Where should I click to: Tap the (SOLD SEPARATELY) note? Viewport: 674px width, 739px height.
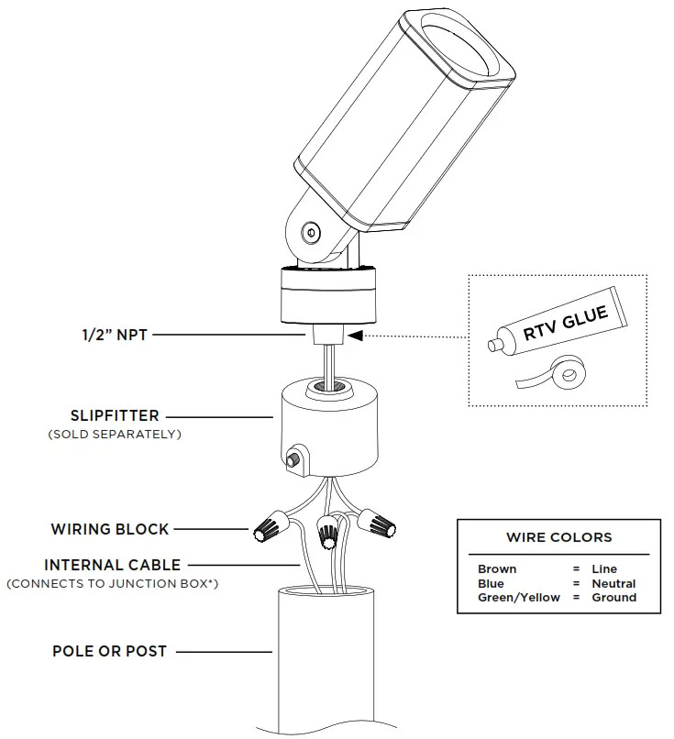coord(114,434)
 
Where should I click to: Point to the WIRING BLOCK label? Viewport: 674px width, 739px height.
coord(110,529)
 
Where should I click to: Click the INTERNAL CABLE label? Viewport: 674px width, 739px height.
coord(112,565)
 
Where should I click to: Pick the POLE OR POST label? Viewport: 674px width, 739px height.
coord(109,651)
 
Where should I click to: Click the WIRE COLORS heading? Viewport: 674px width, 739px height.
coord(558,537)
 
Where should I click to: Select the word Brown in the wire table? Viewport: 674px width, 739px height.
coord(497,569)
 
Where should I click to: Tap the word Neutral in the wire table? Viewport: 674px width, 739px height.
coord(613,583)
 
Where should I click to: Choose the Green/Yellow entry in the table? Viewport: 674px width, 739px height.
coord(518,598)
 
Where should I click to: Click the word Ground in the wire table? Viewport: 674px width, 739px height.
coord(613,598)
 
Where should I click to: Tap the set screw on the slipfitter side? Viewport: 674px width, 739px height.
coord(295,458)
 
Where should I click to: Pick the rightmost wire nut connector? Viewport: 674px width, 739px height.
coord(381,524)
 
